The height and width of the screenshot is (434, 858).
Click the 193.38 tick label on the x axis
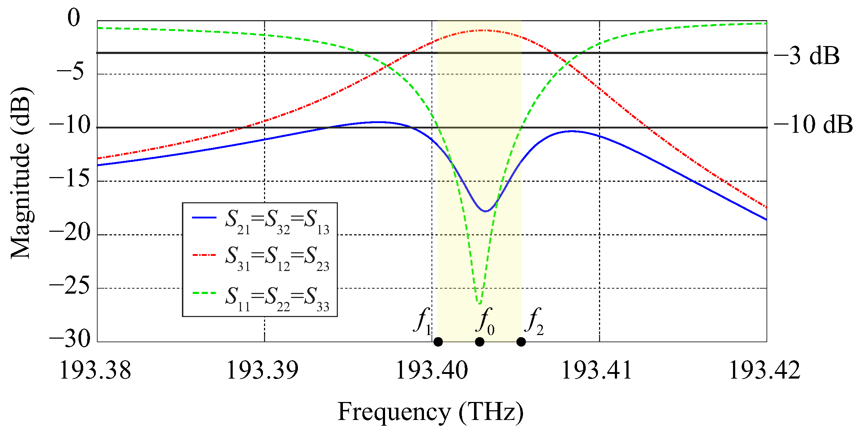click(x=95, y=370)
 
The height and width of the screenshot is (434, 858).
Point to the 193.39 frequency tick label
click(x=263, y=370)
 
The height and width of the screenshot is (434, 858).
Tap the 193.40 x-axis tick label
click(x=432, y=370)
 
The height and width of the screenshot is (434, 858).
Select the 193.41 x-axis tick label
click(x=597, y=370)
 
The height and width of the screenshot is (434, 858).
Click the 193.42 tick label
click(x=764, y=370)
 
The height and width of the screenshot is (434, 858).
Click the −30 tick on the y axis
click(x=70, y=339)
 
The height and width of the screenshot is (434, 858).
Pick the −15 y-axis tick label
click(x=70, y=178)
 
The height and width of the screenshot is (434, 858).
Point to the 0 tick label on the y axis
click(x=74, y=18)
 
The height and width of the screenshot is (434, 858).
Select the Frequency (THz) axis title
click(x=430, y=412)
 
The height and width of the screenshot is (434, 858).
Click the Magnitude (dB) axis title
click(x=21, y=173)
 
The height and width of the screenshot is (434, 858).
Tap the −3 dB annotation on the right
click(x=806, y=56)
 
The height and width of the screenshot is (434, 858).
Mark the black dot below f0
click(x=479, y=342)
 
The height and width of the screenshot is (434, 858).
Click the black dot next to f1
click(x=438, y=342)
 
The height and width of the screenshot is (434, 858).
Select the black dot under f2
click(x=521, y=342)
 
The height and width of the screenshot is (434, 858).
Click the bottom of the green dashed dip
click(x=479, y=303)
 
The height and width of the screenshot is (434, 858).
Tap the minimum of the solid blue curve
click(x=486, y=211)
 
